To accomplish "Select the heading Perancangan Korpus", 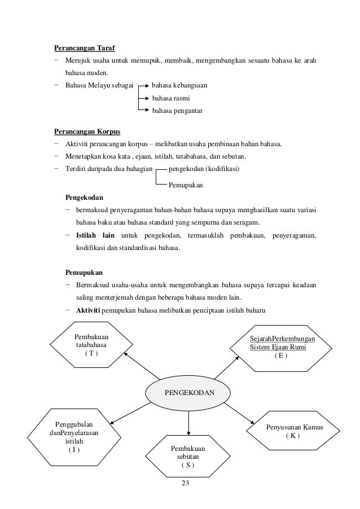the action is (x=83, y=132).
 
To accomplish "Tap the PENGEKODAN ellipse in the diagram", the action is (x=188, y=391).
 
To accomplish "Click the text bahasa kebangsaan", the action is (x=179, y=86).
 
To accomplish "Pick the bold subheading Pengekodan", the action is (x=84, y=198).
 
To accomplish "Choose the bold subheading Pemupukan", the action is (x=83, y=272).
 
